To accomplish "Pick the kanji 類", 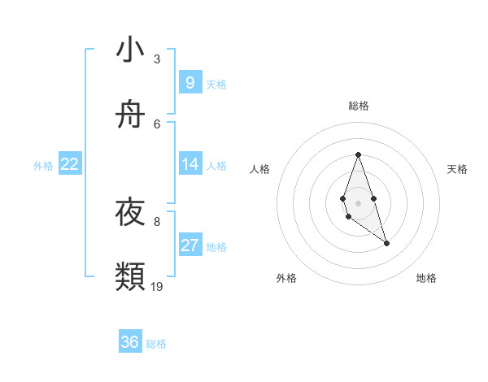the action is tap(130, 277).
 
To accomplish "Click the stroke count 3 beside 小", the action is tap(157, 59).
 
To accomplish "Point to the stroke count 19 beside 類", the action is tap(157, 286).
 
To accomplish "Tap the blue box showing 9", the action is tap(190, 83).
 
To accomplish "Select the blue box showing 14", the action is tap(190, 164).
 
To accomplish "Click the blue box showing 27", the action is tap(190, 245).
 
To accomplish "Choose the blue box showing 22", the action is tap(70, 164).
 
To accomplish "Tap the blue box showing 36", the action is tap(130, 342).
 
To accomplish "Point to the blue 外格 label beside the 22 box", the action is tap(43, 166).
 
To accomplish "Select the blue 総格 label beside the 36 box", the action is tap(156, 344).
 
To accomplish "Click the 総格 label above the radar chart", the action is tap(359, 106).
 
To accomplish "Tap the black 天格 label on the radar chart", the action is tap(457, 169).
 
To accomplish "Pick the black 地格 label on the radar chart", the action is tap(426, 278).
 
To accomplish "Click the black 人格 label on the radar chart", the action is tap(259, 169).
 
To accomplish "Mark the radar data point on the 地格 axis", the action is tap(386, 243).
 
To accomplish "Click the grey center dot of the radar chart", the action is tap(358, 202).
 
